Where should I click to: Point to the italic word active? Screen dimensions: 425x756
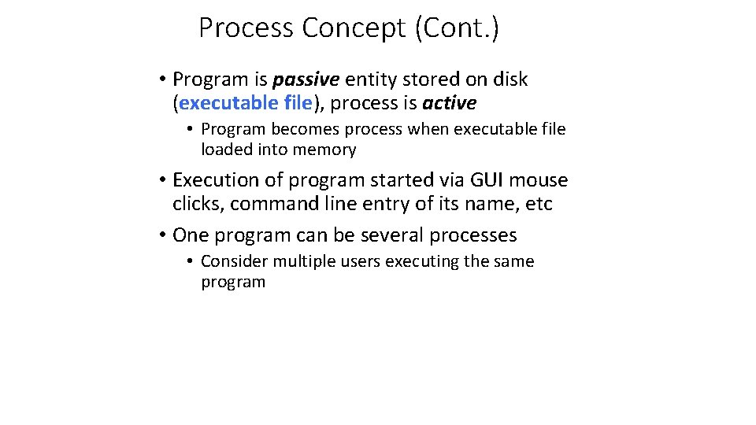point(449,103)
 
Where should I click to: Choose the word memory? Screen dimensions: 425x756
point(324,150)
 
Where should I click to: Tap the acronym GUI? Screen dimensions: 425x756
point(487,180)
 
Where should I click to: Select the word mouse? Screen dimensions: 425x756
point(539,180)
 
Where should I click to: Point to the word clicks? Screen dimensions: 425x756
point(198,204)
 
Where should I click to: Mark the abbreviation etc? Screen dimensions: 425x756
point(539,204)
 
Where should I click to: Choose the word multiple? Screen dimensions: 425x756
point(306,261)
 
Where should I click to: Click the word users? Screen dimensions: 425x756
point(361,261)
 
